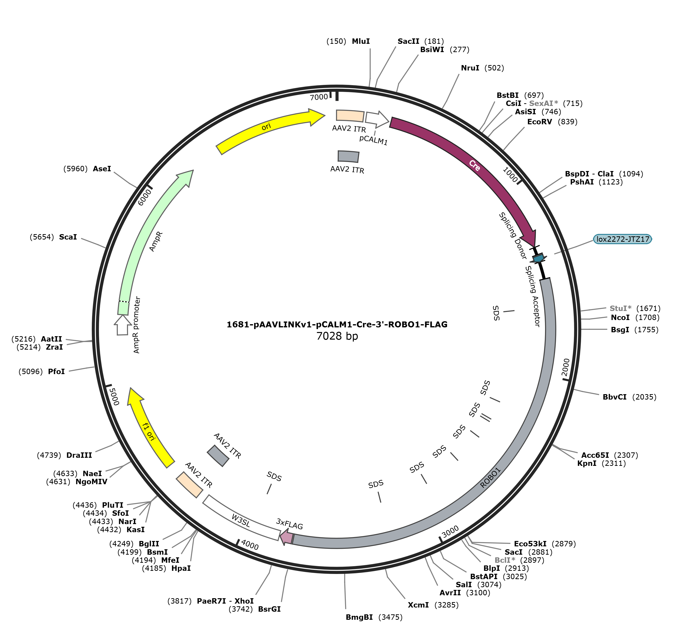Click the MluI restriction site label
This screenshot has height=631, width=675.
(361, 41)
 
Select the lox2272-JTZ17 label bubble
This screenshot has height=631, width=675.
(623, 239)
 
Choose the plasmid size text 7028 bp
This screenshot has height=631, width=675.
(337, 336)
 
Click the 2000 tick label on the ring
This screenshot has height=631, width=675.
(566, 367)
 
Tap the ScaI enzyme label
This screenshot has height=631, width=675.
(68, 237)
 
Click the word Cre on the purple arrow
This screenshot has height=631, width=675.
(475, 165)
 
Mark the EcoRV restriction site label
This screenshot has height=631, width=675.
(539, 122)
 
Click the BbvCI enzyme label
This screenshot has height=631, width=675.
(615, 397)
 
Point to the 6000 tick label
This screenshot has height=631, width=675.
(145, 197)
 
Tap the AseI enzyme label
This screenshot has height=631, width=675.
(102, 169)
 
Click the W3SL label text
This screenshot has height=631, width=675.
(241, 520)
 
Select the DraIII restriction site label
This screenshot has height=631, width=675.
(79, 455)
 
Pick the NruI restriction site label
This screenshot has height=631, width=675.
(470, 68)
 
